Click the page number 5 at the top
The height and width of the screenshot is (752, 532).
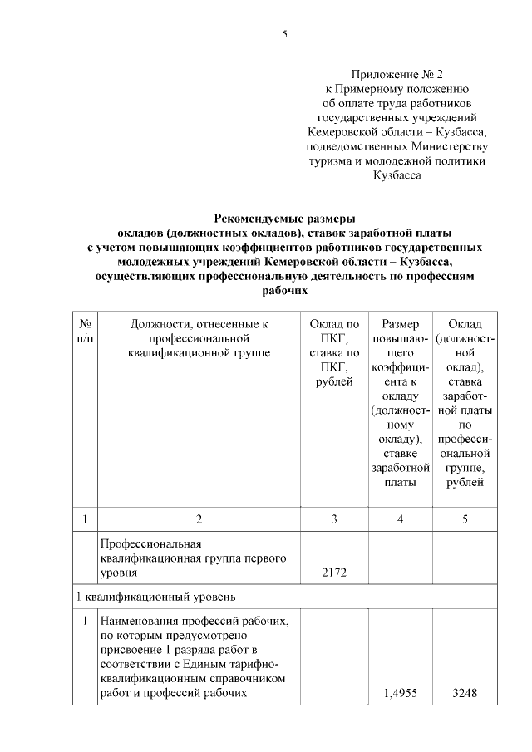click(x=284, y=34)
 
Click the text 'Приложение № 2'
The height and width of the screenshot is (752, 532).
click(x=397, y=73)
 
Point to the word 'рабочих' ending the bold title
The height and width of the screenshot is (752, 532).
click(x=284, y=292)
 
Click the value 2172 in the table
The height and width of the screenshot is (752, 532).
click(x=333, y=573)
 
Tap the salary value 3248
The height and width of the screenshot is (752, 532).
click(x=465, y=694)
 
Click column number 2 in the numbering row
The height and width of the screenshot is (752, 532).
click(x=199, y=519)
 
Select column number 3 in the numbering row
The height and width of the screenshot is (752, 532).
click(x=333, y=519)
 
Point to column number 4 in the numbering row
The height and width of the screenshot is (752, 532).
click(x=400, y=519)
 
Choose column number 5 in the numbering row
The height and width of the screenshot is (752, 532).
click(x=465, y=519)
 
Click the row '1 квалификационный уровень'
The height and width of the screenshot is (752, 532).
click(x=157, y=597)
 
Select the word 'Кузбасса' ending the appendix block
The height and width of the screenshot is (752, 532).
click(x=397, y=176)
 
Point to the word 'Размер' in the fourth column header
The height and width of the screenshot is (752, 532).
click(x=400, y=323)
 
